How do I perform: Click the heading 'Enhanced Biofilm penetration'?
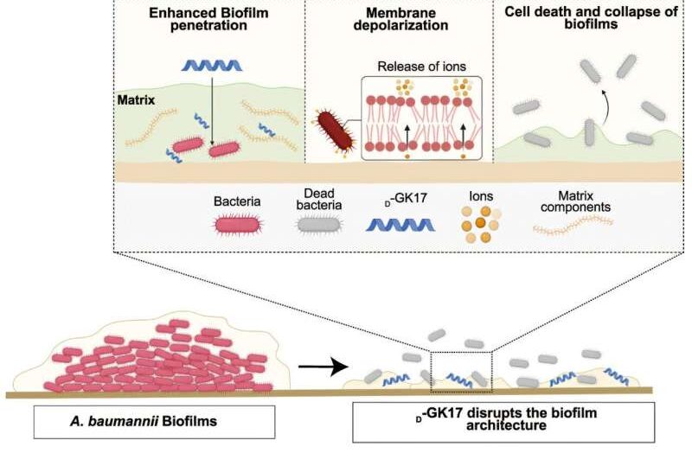pos(208,19)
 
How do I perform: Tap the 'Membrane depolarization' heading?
pos(400,19)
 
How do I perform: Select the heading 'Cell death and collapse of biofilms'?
pos(591,17)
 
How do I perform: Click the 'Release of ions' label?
pos(421,67)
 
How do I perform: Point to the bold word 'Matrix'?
pos(136,100)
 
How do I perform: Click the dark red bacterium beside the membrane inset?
pos(336,131)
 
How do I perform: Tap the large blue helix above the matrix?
pos(212,66)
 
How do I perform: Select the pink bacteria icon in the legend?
pos(237,225)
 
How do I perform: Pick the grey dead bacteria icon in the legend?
pos(319,225)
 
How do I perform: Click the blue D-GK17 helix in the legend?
pos(400,225)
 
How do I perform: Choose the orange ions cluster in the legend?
pos(481,224)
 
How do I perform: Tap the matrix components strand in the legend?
pos(573,225)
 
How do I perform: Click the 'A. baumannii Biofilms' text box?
pos(155,422)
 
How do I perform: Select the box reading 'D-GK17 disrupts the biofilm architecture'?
pos(503,422)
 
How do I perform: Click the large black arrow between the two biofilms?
pos(324,366)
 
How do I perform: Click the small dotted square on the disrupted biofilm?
pos(461,372)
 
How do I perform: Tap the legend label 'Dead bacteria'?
pos(318,200)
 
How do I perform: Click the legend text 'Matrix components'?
pos(575,201)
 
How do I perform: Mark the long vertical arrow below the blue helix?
pos(212,111)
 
